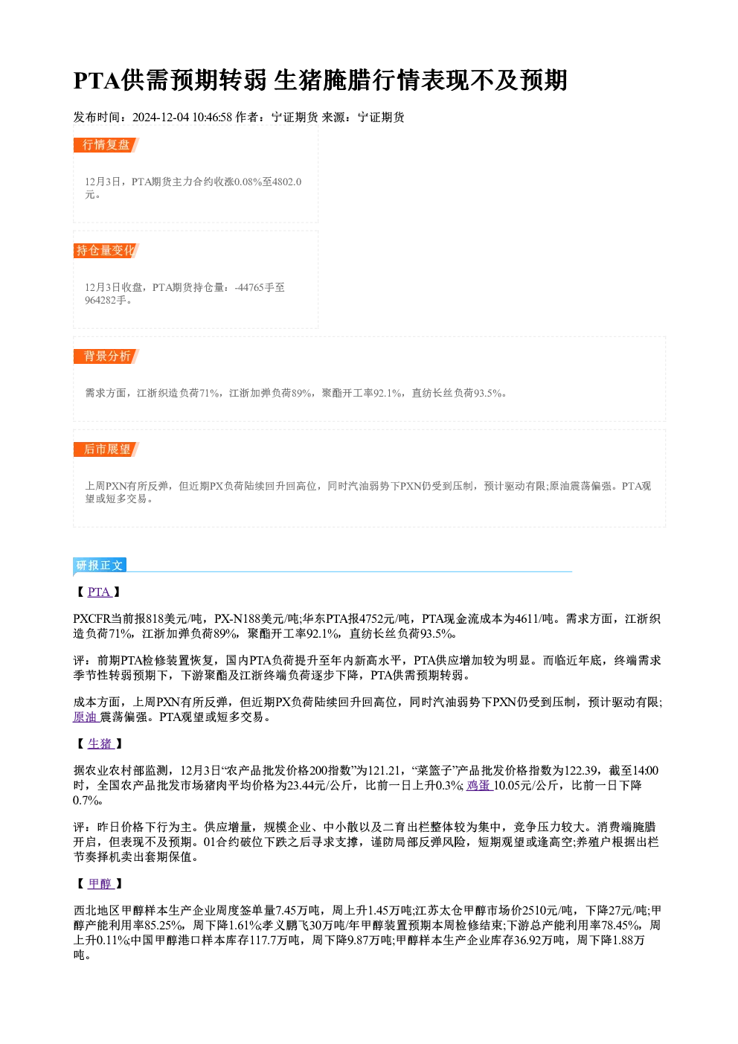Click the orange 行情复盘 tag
coord(106,145)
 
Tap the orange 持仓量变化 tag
coord(106,251)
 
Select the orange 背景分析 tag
coord(106,356)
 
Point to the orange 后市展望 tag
coord(106,449)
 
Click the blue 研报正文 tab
coord(100,565)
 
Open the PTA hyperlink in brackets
coord(99,592)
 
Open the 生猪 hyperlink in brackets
coord(100,743)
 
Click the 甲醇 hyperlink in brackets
coord(100,883)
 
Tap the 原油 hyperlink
coord(86,717)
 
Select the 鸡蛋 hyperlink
coord(479,785)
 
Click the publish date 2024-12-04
coord(161,117)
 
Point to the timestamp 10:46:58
coord(213,117)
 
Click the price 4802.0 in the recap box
coord(286,182)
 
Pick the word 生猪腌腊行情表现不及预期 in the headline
coord(420,80)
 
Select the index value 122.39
coord(580,770)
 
